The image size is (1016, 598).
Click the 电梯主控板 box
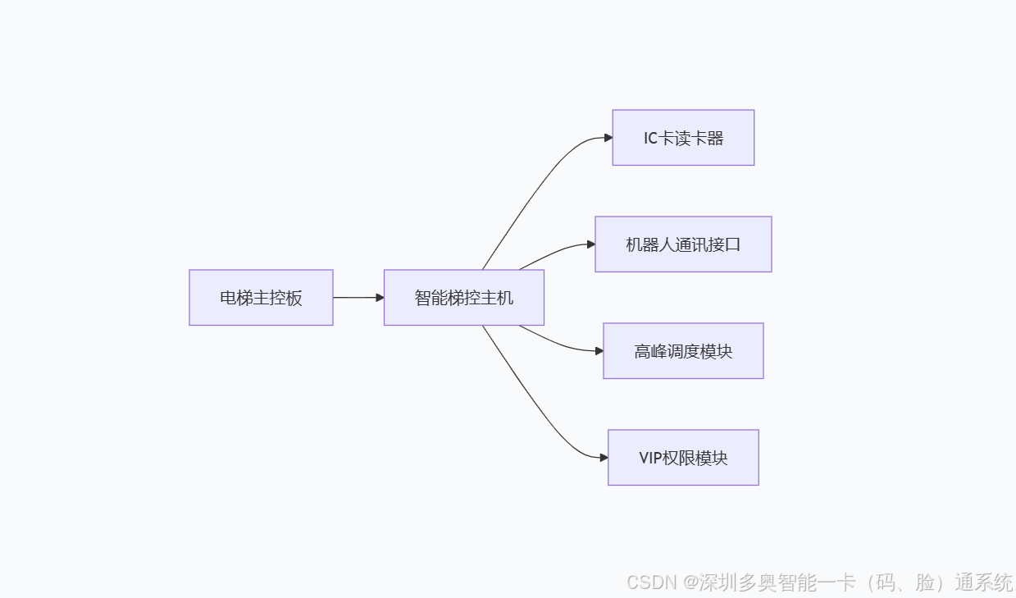pyautogui.click(x=261, y=298)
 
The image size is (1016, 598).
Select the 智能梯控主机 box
pyautogui.click(x=463, y=298)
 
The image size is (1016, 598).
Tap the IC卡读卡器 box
pyautogui.click(x=683, y=138)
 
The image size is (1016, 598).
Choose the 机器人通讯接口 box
pyautogui.click(x=683, y=244)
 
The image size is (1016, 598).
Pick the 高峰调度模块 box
pyautogui.click(x=683, y=351)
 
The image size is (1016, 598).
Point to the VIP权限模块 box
pyautogui.click(x=683, y=458)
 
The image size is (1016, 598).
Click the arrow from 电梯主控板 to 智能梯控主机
pyautogui.click(x=358, y=298)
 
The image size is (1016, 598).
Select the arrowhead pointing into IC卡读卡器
pyautogui.click(x=608, y=138)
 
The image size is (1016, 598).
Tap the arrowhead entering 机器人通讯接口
pyautogui.click(x=591, y=244)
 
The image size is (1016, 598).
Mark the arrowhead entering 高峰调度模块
pyautogui.click(x=599, y=351)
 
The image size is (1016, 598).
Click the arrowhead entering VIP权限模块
pyautogui.click(x=604, y=457)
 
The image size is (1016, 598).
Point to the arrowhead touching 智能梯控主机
pyautogui.click(x=380, y=298)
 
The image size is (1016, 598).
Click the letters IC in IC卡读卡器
pyautogui.click(x=651, y=139)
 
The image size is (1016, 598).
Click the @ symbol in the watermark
pyautogui.click(x=690, y=582)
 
